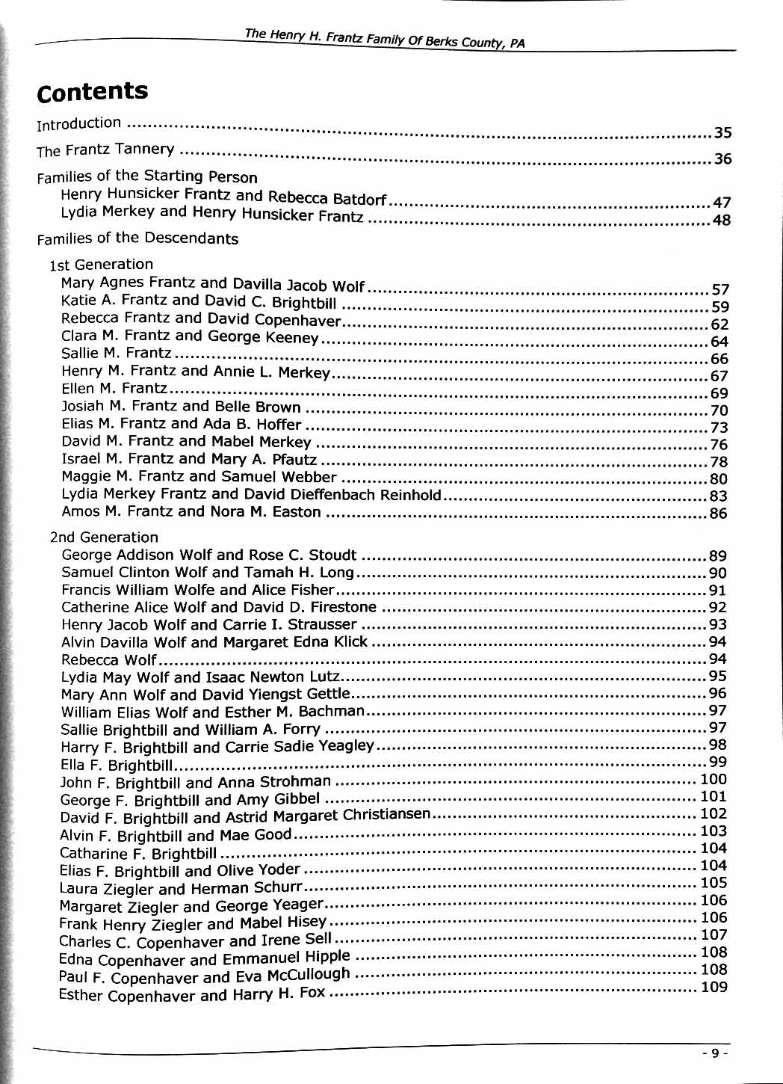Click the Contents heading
(x=93, y=92)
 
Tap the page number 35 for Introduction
(x=722, y=134)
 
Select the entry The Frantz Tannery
(x=105, y=150)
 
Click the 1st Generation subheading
(x=101, y=264)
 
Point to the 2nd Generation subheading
(x=104, y=537)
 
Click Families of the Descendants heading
(x=137, y=238)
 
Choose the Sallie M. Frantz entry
(x=117, y=353)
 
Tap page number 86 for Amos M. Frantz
(x=718, y=514)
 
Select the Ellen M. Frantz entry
(x=114, y=388)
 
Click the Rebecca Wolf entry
(x=109, y=660)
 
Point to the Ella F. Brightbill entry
(x=117, y=766)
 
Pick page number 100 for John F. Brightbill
(x=714, y=780)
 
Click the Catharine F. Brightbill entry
(x=138, y=853)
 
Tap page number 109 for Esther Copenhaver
(x=714, y=988)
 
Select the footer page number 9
(x=715, y=1053)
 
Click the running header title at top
(x=385, y=38)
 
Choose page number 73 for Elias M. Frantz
(x=718, y=428)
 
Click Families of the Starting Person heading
(x=147, y=176)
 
